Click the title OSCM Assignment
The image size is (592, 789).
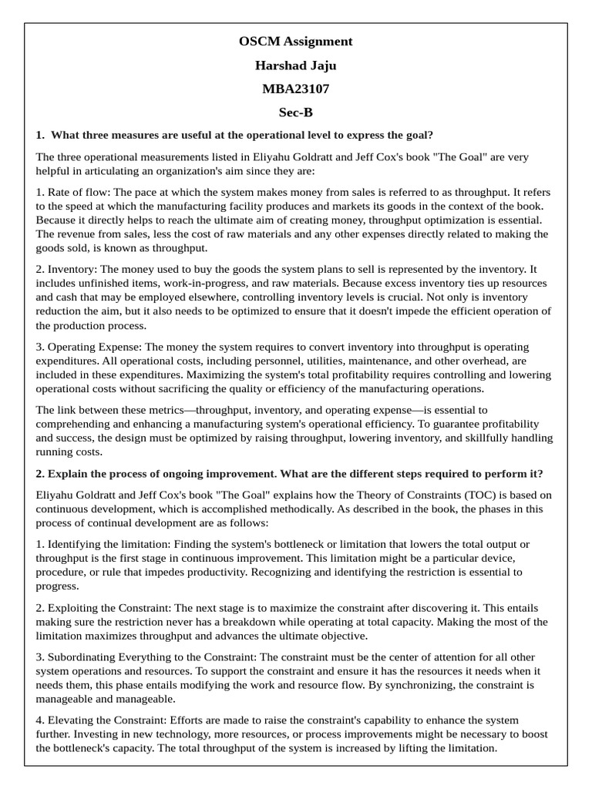coord(296,42)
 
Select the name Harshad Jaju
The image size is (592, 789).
coord(296,65)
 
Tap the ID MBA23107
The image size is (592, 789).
coord(296,89)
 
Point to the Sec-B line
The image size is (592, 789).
coord(296,112)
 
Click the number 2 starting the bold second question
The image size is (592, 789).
coord(39,473)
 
